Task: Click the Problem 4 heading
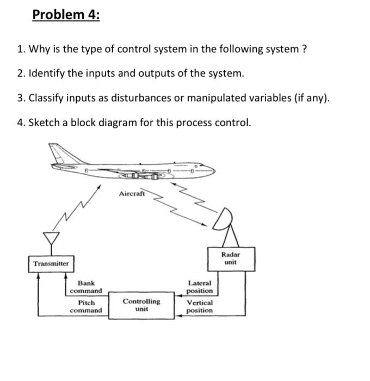[66, 15]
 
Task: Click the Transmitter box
[51, 264]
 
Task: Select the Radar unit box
[230, 258]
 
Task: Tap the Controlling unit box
[141, 305]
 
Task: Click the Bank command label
[86, 287]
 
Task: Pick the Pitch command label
[86, 306]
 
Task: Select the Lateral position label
[199, 287]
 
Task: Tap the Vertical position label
[200, 306]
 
